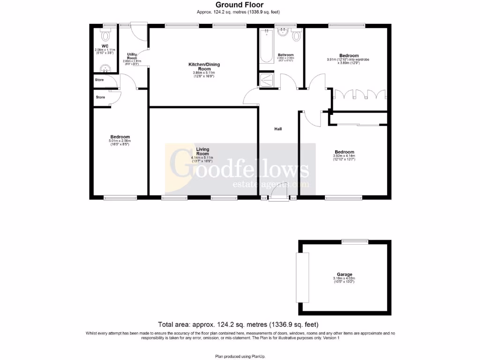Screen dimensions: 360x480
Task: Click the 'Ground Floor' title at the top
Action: pos(240,5)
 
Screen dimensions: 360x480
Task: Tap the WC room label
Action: pos(105,46)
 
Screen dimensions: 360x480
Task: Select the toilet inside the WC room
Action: pos(105,35)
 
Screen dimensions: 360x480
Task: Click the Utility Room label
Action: pos(132,57)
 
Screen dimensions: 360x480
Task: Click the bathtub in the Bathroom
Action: pos(266,46)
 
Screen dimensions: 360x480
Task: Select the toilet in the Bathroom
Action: pos(296,35)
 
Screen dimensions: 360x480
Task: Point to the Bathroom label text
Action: pos(285,55)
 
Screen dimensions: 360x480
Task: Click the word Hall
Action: pos(278,129)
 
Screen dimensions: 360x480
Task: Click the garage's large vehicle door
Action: pos(302,277)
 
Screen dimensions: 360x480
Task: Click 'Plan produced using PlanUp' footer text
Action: pos(240,356)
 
